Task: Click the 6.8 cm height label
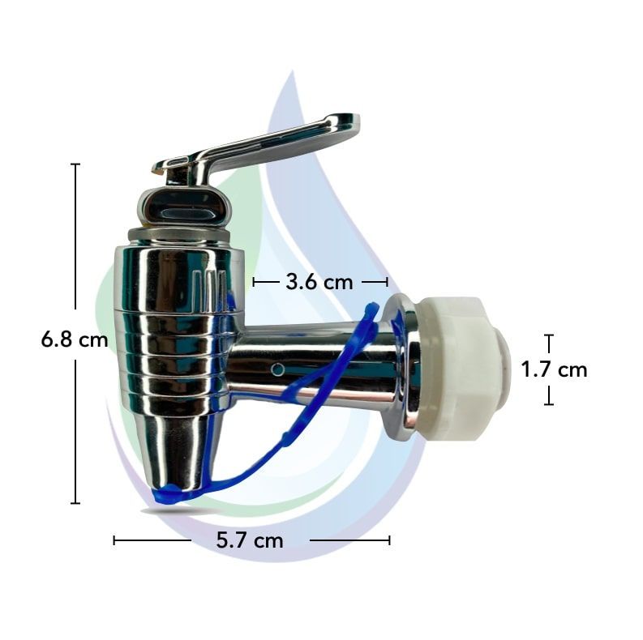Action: tap(74, 339)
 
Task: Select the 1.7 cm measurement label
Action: tap(553, 370)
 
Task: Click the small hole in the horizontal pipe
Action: tap(277, 369)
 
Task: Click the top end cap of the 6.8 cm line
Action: tap(75, 164)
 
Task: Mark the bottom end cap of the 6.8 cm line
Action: tap(75, 503)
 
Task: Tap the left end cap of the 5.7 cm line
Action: tap(114, 540)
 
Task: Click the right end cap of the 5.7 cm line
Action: tap(389, 540)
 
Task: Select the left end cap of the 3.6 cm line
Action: tap(255, 282)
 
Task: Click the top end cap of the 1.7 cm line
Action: tap(549, 335)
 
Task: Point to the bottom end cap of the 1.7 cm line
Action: tap(549, 404)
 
